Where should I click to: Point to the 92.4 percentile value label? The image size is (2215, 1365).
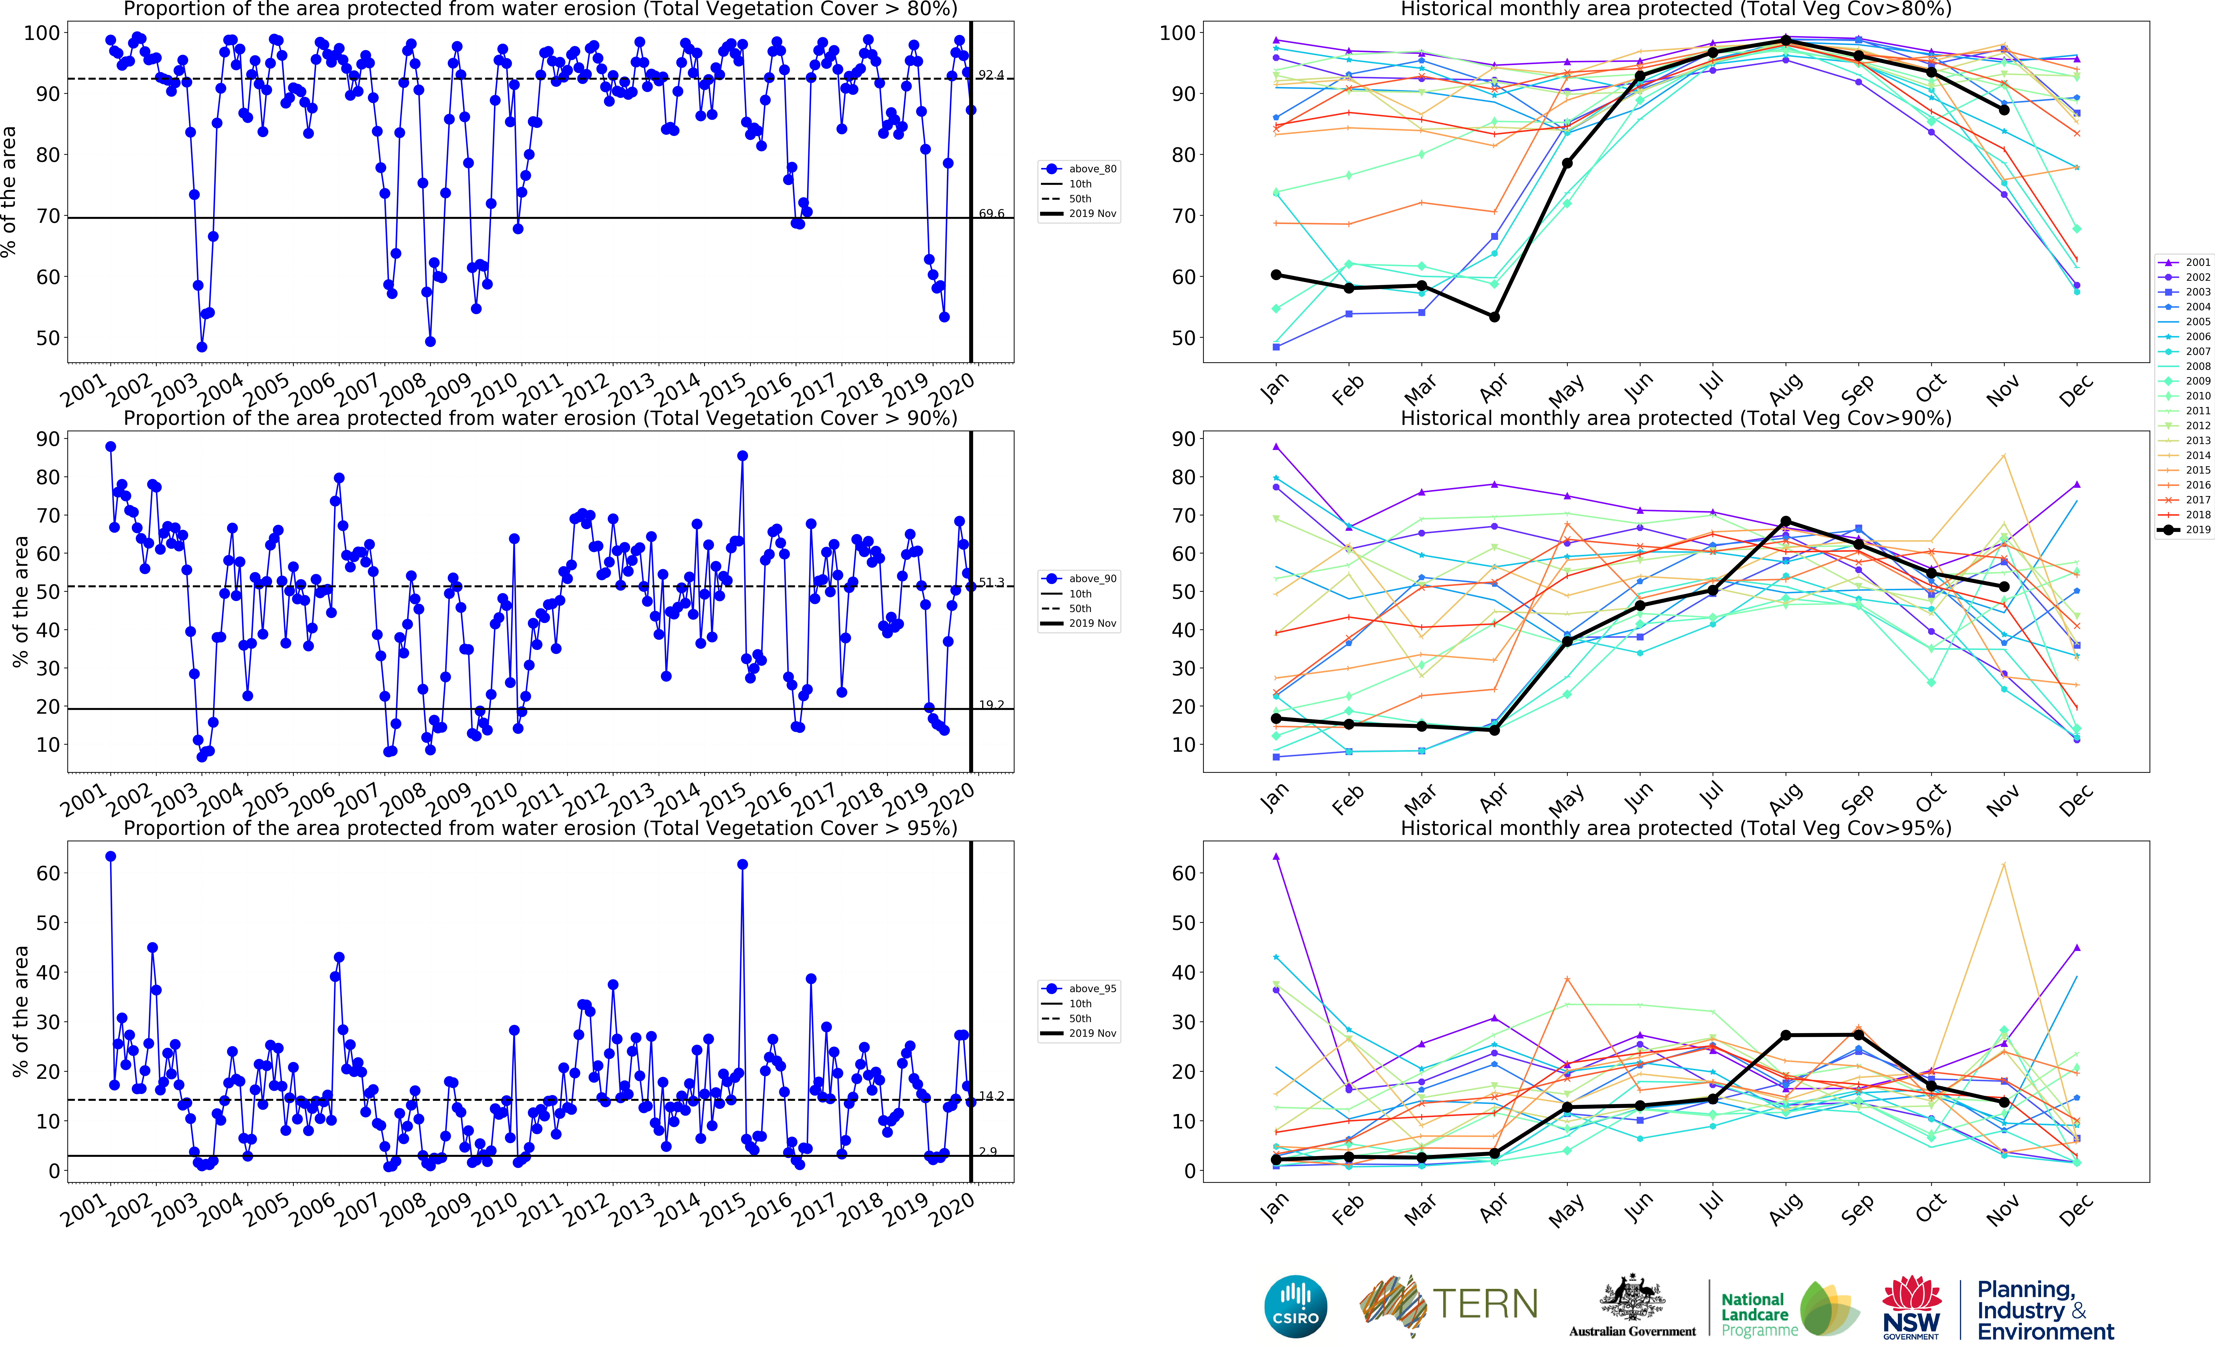coord(991,75)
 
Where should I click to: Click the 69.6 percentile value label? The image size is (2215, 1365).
coord(991,214)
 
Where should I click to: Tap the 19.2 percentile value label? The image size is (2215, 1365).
coord(991,705)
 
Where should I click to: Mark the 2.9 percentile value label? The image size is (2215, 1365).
coord(988,1152)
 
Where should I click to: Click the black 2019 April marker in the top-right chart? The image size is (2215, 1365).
coord(1495,317)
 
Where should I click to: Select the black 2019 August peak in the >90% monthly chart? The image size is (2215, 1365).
coord(1785,522)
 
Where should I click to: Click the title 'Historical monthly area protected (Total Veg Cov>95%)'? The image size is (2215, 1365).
coord(1675,828)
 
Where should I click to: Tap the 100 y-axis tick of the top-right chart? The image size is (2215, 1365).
coord(1177,33)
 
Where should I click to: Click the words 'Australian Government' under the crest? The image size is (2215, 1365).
coord(1632,1332)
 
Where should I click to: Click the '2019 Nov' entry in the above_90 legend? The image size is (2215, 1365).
coord(1092,624)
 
